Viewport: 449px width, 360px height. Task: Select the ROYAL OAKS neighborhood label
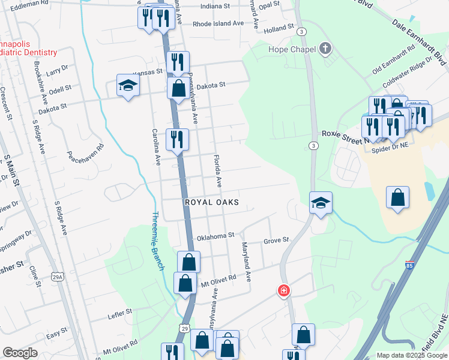tap(211, 203)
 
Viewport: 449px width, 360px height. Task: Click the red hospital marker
tap(283, 291)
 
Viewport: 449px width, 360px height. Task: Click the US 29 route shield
tap(184, 329)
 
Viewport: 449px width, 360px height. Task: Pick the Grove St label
tap(276, 241)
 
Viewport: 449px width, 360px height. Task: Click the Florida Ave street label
tap(218, 170)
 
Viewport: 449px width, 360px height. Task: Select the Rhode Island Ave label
tap(218, 24)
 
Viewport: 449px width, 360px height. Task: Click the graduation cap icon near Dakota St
tap(128, 87)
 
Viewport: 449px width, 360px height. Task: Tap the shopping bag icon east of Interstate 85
tap(397, 197)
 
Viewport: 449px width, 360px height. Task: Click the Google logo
tap(19, 353)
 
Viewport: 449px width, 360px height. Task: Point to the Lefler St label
tap(119, 313)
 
